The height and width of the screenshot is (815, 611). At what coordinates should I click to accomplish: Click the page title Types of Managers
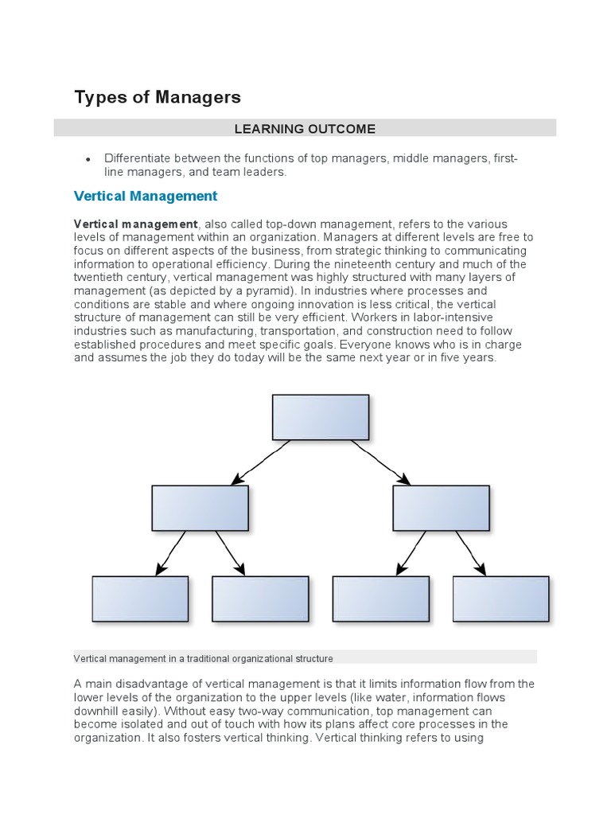(x=157, y=97)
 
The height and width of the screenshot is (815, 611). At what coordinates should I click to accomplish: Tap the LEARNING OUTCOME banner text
(x=305, y=128)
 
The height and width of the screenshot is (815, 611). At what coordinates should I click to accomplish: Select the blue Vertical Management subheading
(x=145, y=196)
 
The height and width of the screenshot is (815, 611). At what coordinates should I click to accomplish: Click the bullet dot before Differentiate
(x=89, y=160)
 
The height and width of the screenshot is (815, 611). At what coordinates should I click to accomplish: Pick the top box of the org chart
(x=321, y=417)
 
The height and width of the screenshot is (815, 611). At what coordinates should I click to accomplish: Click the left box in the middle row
(x=200, y=508)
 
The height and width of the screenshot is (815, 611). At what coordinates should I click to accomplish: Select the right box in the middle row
(x=441, y=508)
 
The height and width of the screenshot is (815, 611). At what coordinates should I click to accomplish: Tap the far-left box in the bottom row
(x=140, y=599)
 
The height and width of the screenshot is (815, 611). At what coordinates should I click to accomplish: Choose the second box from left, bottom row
(x=260, y=599)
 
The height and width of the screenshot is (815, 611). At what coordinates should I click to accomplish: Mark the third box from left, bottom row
(x=380, y=599)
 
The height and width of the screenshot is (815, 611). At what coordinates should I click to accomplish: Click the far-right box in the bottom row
(x=500, y=599)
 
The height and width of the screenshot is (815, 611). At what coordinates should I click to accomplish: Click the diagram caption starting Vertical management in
(x=203, y=658)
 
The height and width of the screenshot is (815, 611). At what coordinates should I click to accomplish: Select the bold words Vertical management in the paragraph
(x=135, y=224)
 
